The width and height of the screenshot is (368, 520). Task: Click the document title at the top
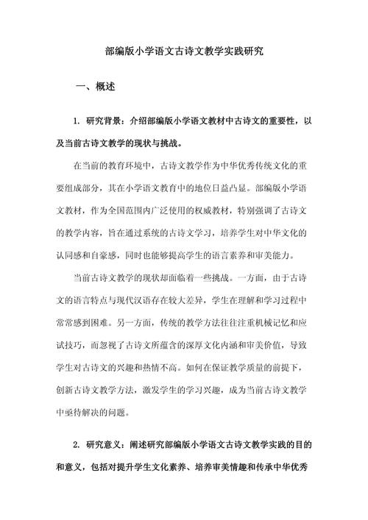184,52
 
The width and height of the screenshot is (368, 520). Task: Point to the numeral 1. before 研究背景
77,120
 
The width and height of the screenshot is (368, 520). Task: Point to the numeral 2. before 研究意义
77,445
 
